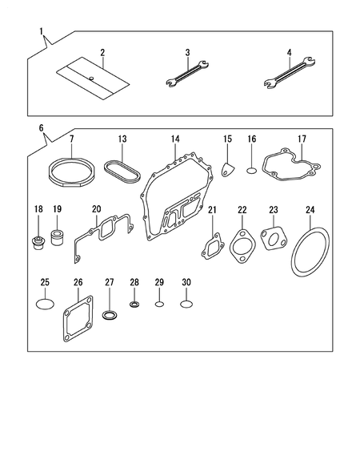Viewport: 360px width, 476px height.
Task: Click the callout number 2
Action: pos(102,53)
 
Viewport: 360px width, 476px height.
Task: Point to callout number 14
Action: pos(174,139)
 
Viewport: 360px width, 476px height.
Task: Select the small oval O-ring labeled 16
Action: pos(251,170)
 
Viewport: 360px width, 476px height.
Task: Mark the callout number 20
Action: pos(96,209)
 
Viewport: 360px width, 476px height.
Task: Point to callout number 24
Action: pos(310,210)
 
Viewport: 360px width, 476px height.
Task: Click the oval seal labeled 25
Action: pos(45,305)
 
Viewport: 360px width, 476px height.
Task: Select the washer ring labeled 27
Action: pos(110,320)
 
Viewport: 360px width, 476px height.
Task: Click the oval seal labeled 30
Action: pos(186,305)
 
